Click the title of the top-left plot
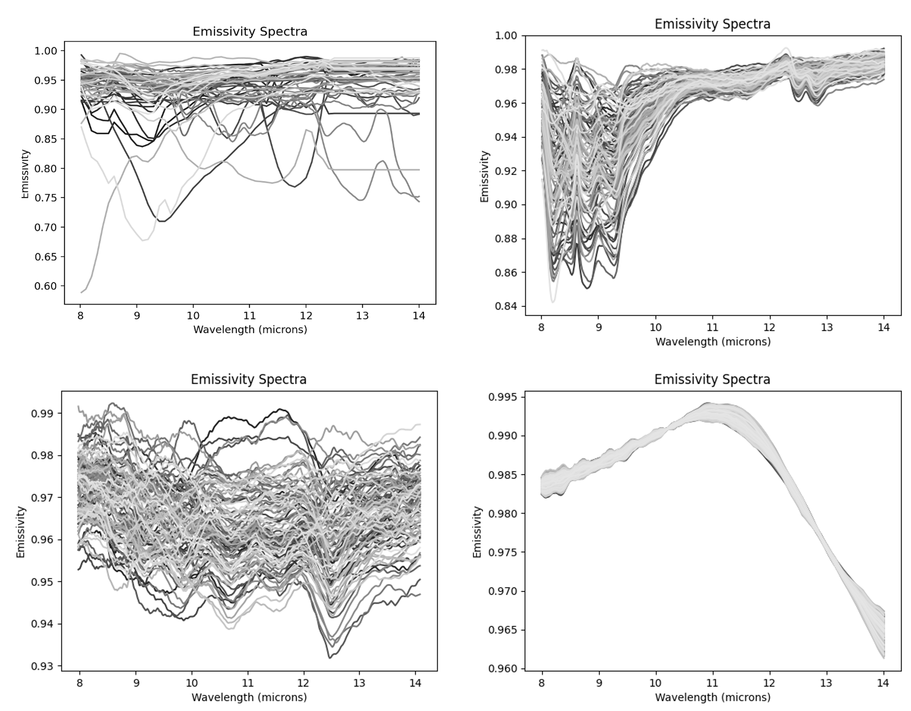coord(250,32)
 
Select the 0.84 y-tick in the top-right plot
coord(505,306)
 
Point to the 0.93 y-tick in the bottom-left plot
coord(43,666)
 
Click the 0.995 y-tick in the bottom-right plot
coord(502,397)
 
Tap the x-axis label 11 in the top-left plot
coord(250,316)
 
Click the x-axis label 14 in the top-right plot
coord(883,327)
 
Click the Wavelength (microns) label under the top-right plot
coord(713,342)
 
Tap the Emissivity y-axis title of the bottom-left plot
coord(20,532)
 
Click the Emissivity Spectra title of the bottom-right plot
coord(712,379)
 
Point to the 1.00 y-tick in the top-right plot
coord(505,36)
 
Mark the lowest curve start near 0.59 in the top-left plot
coord(82,292)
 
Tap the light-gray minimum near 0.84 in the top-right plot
coord(553,301)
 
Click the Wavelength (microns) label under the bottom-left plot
coord(249,697)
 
